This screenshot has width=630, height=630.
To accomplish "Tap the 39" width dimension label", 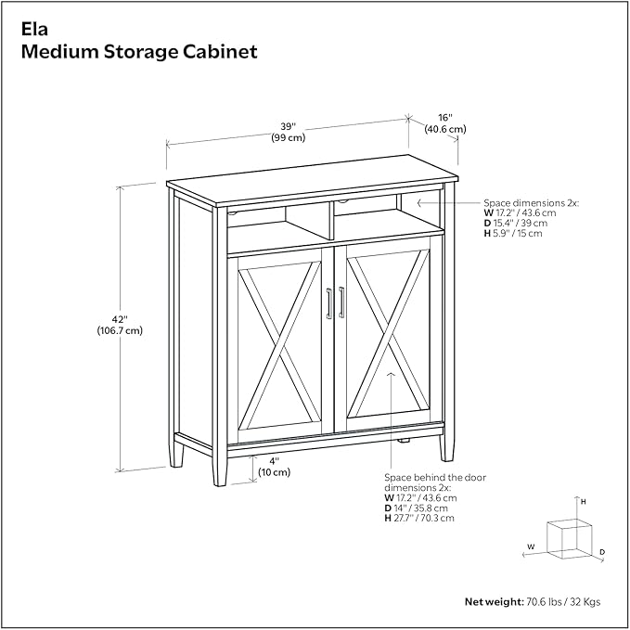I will click(x=289, y=126).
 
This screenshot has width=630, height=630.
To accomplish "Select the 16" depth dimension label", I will click(x=445, y=118).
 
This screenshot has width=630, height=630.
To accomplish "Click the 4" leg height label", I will click(x=274, y=460).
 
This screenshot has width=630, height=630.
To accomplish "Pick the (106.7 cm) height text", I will click(x=119, y=330).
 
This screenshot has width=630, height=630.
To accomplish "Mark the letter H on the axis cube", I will click(x=583, y=502).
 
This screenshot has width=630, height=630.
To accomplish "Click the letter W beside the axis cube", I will click(x=531, y=546).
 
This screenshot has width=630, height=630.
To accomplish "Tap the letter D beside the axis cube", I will click(x=601, y=552).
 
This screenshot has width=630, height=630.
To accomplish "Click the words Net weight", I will click(x=494, y=601).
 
